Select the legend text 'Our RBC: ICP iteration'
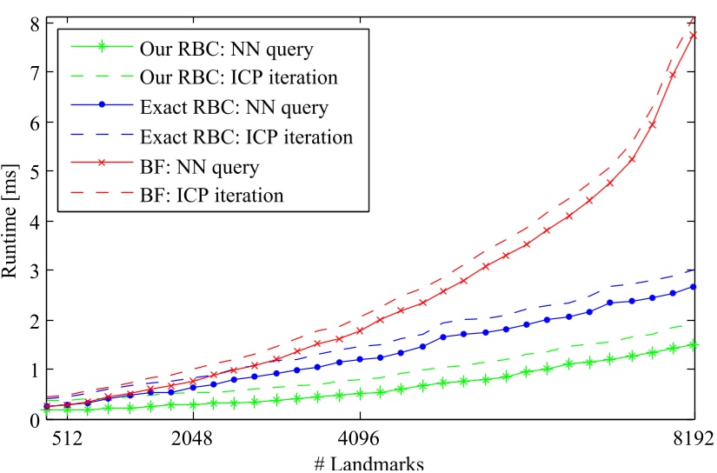point(238,77)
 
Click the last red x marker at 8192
point(694,35)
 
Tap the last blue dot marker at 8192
point(694,287)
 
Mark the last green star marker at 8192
point(694,344)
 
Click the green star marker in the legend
point(103,47)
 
